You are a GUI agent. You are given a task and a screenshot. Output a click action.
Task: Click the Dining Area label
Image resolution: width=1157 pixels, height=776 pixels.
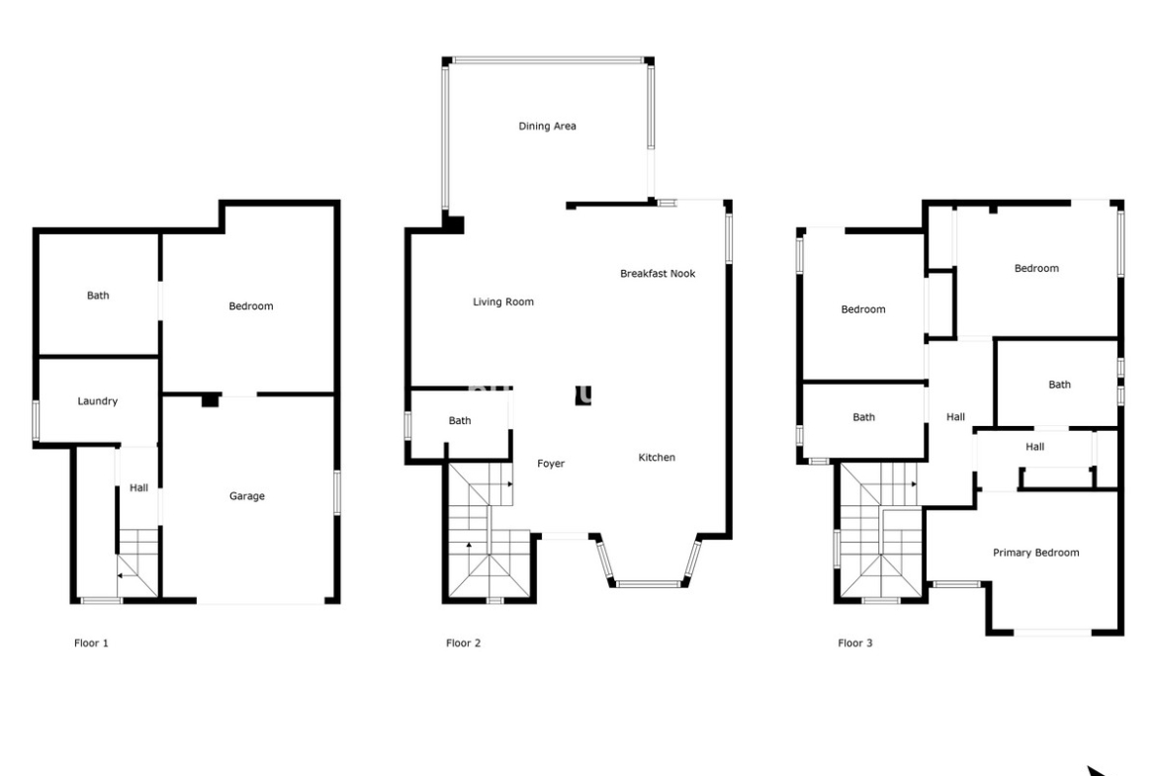547,127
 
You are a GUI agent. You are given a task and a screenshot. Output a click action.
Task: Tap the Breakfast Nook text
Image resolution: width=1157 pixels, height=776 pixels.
658,274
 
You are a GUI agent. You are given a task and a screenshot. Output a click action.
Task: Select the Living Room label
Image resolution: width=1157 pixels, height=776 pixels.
503,302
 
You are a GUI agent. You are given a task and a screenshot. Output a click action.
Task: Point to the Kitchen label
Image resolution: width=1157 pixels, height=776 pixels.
657,458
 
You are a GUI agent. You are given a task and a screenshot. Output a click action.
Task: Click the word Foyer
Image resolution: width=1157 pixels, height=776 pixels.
551,464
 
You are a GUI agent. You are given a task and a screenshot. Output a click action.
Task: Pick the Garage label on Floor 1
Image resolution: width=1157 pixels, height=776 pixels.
246,496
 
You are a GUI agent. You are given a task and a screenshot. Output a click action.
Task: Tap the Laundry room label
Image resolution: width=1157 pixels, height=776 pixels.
97,401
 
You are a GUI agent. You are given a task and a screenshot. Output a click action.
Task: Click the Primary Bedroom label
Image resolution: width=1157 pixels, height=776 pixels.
1036,553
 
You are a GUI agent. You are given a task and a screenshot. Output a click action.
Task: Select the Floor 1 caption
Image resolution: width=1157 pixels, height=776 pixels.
91,644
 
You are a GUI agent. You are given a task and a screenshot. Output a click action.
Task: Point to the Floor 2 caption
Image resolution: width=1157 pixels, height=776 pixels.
463,644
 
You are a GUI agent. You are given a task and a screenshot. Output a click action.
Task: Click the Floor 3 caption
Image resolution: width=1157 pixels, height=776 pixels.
854,644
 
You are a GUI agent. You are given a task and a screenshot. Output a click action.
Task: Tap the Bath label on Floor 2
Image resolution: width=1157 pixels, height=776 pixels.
460,420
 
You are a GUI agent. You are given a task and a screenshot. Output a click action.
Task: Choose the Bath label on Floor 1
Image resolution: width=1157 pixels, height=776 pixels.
98,295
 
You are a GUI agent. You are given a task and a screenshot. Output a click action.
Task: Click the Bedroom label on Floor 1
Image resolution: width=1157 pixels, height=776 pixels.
251,306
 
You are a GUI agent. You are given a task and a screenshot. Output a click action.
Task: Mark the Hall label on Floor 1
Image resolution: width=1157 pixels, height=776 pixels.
138,487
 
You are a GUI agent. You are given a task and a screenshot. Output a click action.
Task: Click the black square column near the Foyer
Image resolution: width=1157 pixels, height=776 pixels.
582,395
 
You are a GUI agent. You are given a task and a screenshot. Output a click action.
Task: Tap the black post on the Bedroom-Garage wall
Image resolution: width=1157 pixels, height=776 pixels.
211,399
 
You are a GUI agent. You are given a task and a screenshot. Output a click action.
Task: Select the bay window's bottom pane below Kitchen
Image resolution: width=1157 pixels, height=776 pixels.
649,584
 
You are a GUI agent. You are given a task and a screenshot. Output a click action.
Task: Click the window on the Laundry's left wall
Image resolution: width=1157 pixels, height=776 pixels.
36,420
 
